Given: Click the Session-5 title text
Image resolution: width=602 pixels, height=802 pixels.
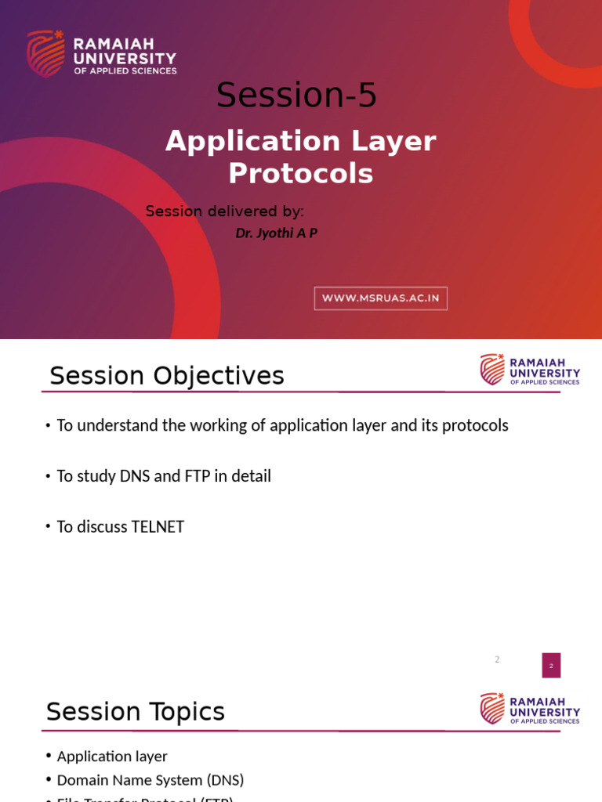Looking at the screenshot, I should pyautogui.click(x=296, y=96).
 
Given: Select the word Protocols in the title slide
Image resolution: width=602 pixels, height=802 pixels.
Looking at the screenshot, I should pyautogui.click(x=300, y=174).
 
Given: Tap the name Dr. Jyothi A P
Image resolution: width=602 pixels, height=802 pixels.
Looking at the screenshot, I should pyautogui.click(x=276, y=233).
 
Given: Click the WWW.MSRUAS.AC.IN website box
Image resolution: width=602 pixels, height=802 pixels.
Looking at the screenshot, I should pyautogui.click(x=380, y=298).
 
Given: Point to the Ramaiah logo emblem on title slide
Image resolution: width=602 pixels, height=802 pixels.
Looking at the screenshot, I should pyautogui.click(x=45, y=53).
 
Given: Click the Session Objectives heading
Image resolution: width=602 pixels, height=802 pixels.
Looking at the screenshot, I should pyautogui.click(x=166, y=376).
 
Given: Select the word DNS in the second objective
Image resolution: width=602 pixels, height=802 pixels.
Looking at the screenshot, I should pyautogui.click(x=135, y=476).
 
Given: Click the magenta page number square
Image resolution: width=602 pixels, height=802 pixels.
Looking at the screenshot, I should pyautogui.click(x=551, y=666).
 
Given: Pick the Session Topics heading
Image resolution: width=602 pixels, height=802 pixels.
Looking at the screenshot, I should pyautogui.click(x=136, y=712).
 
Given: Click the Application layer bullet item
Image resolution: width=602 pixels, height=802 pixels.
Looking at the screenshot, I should pyautogui.click(x=112, y=757).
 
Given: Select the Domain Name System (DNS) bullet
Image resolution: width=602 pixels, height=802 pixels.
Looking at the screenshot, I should pyautogui.click(x=150, y=780).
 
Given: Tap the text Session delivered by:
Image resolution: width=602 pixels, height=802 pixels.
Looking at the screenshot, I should pyautogui.click(x=225, y=211).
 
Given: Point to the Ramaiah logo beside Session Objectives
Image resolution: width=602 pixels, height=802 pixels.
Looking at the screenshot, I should pyautogui.click(x=492, y=369).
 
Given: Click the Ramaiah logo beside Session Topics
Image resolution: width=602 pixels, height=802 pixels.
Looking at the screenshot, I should pyautogui.click(x=492, y=708).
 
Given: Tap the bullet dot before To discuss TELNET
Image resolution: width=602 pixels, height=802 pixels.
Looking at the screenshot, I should pyautogui.click(x=48, y=527).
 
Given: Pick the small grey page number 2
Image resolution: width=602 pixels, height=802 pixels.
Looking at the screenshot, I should pyautogui.click(x=497, y=659).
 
